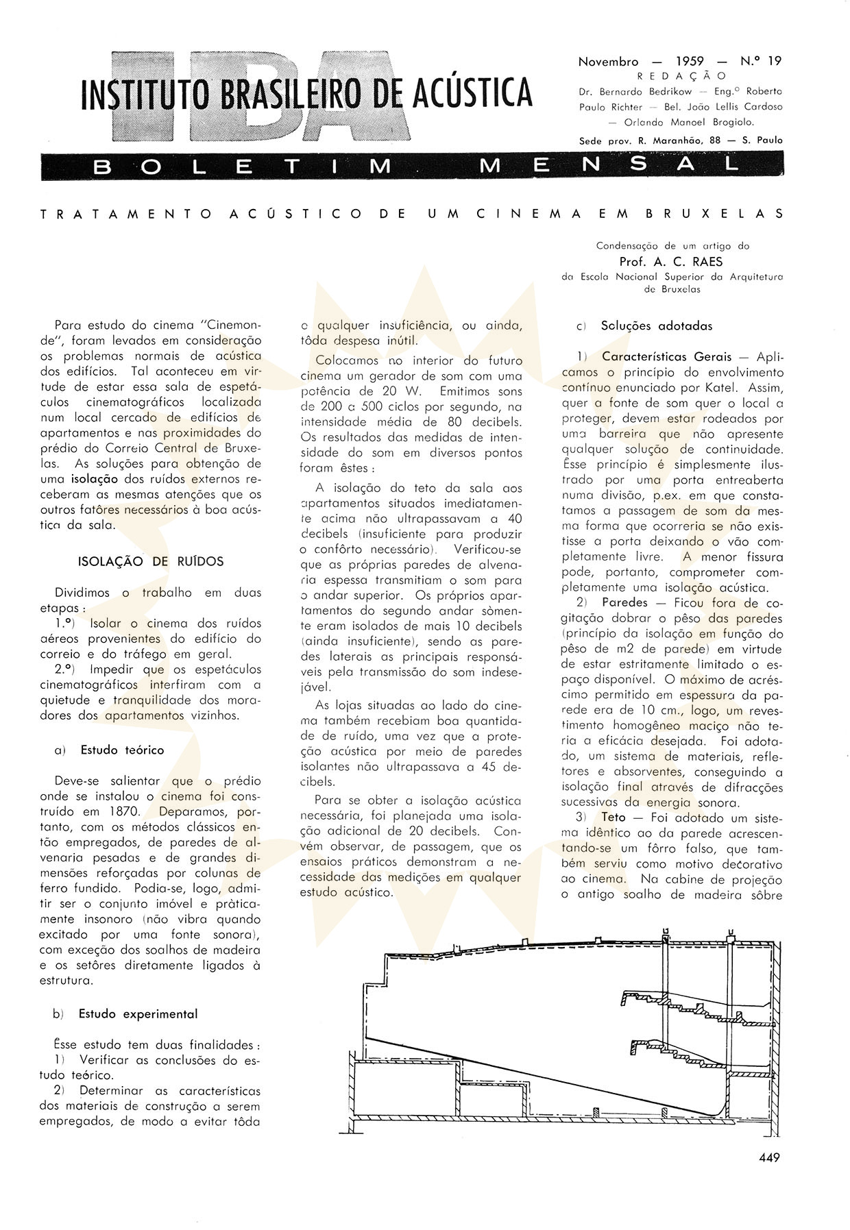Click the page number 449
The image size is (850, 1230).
(x=769, y=1157)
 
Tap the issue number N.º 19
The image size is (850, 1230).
(x=760, y=61)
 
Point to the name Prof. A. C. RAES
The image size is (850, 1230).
(x=670, y=261)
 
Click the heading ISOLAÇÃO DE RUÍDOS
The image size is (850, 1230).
(x=151, y=561)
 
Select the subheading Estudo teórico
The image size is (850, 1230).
(x=122, y=750)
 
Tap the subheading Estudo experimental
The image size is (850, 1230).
(x=138, y=1013)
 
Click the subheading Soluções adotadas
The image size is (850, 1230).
(x=656, y=326)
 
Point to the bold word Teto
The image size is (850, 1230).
(x=614, y=817)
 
